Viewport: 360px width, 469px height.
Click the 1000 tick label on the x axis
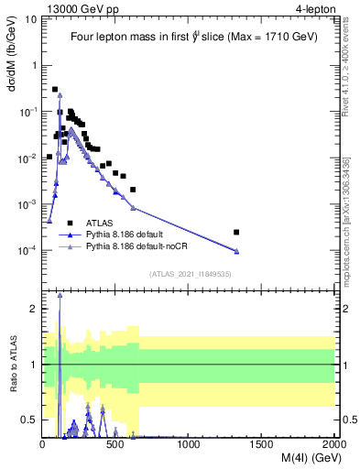190,443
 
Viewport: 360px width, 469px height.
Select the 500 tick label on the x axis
116,443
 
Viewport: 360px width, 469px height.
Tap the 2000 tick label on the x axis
334,443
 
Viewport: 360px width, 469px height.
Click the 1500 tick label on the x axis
263,443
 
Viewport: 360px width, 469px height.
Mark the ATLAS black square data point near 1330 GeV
236,232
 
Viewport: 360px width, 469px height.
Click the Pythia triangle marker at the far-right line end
236,251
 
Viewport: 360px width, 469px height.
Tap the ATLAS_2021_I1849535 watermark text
189,273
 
